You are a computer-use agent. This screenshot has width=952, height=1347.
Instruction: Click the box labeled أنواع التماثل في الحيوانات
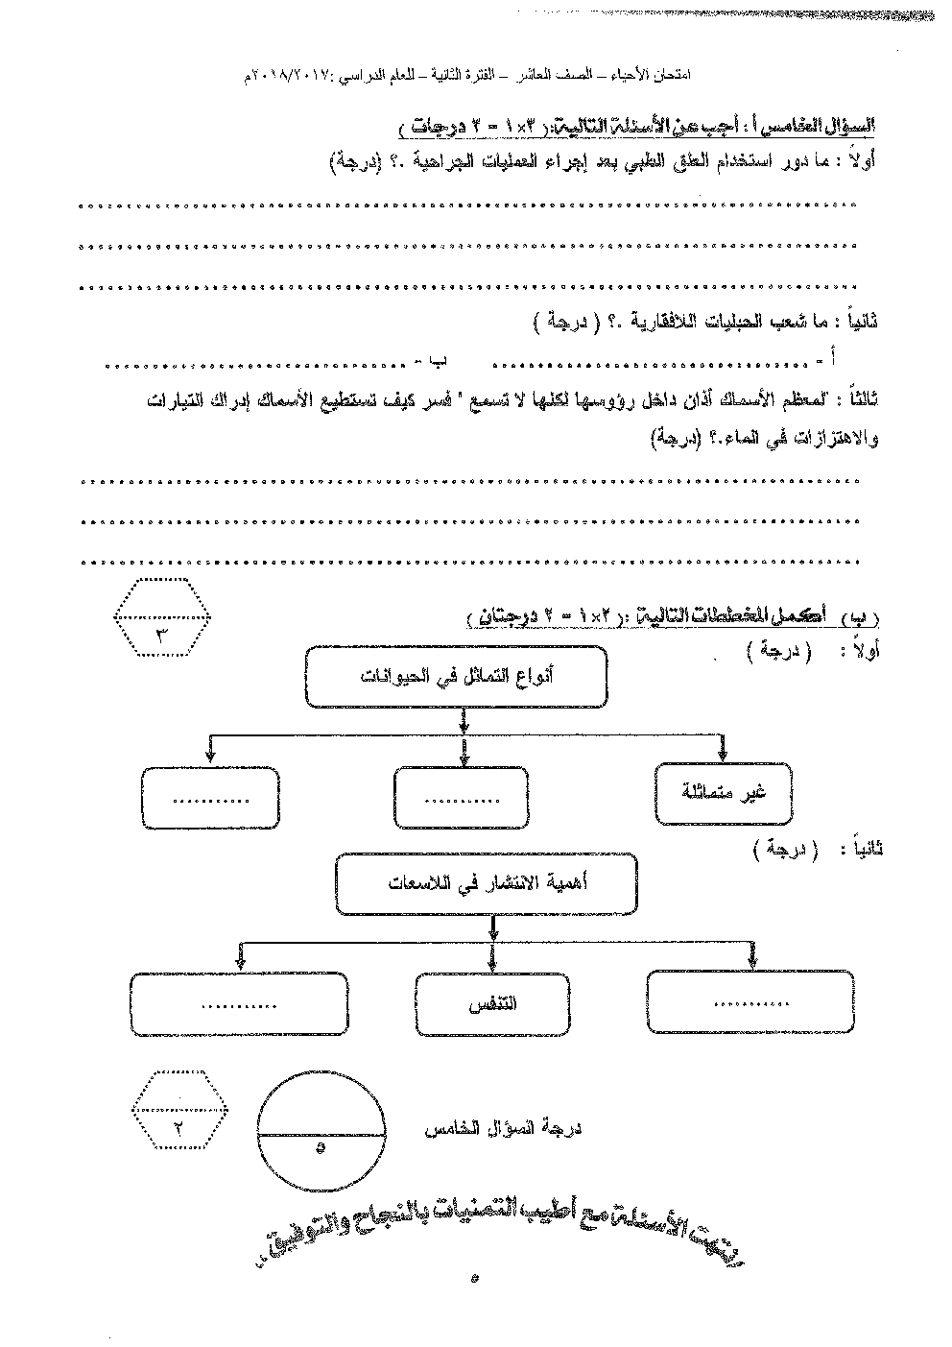point(456,678)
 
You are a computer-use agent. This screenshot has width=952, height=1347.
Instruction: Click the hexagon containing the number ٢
point(180,1111)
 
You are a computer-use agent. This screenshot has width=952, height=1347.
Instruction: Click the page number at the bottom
point(475,1277)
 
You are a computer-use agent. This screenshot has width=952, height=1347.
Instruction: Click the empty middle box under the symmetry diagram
point(460,798)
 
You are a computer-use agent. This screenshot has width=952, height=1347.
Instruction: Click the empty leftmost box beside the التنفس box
point(238,1005)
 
